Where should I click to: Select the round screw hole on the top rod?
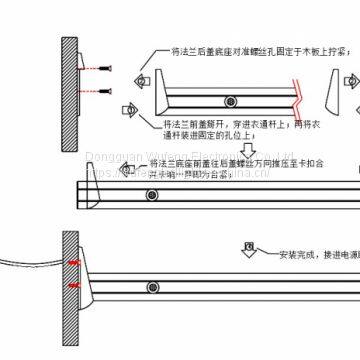pyautogui.click(x=230, y=97)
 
